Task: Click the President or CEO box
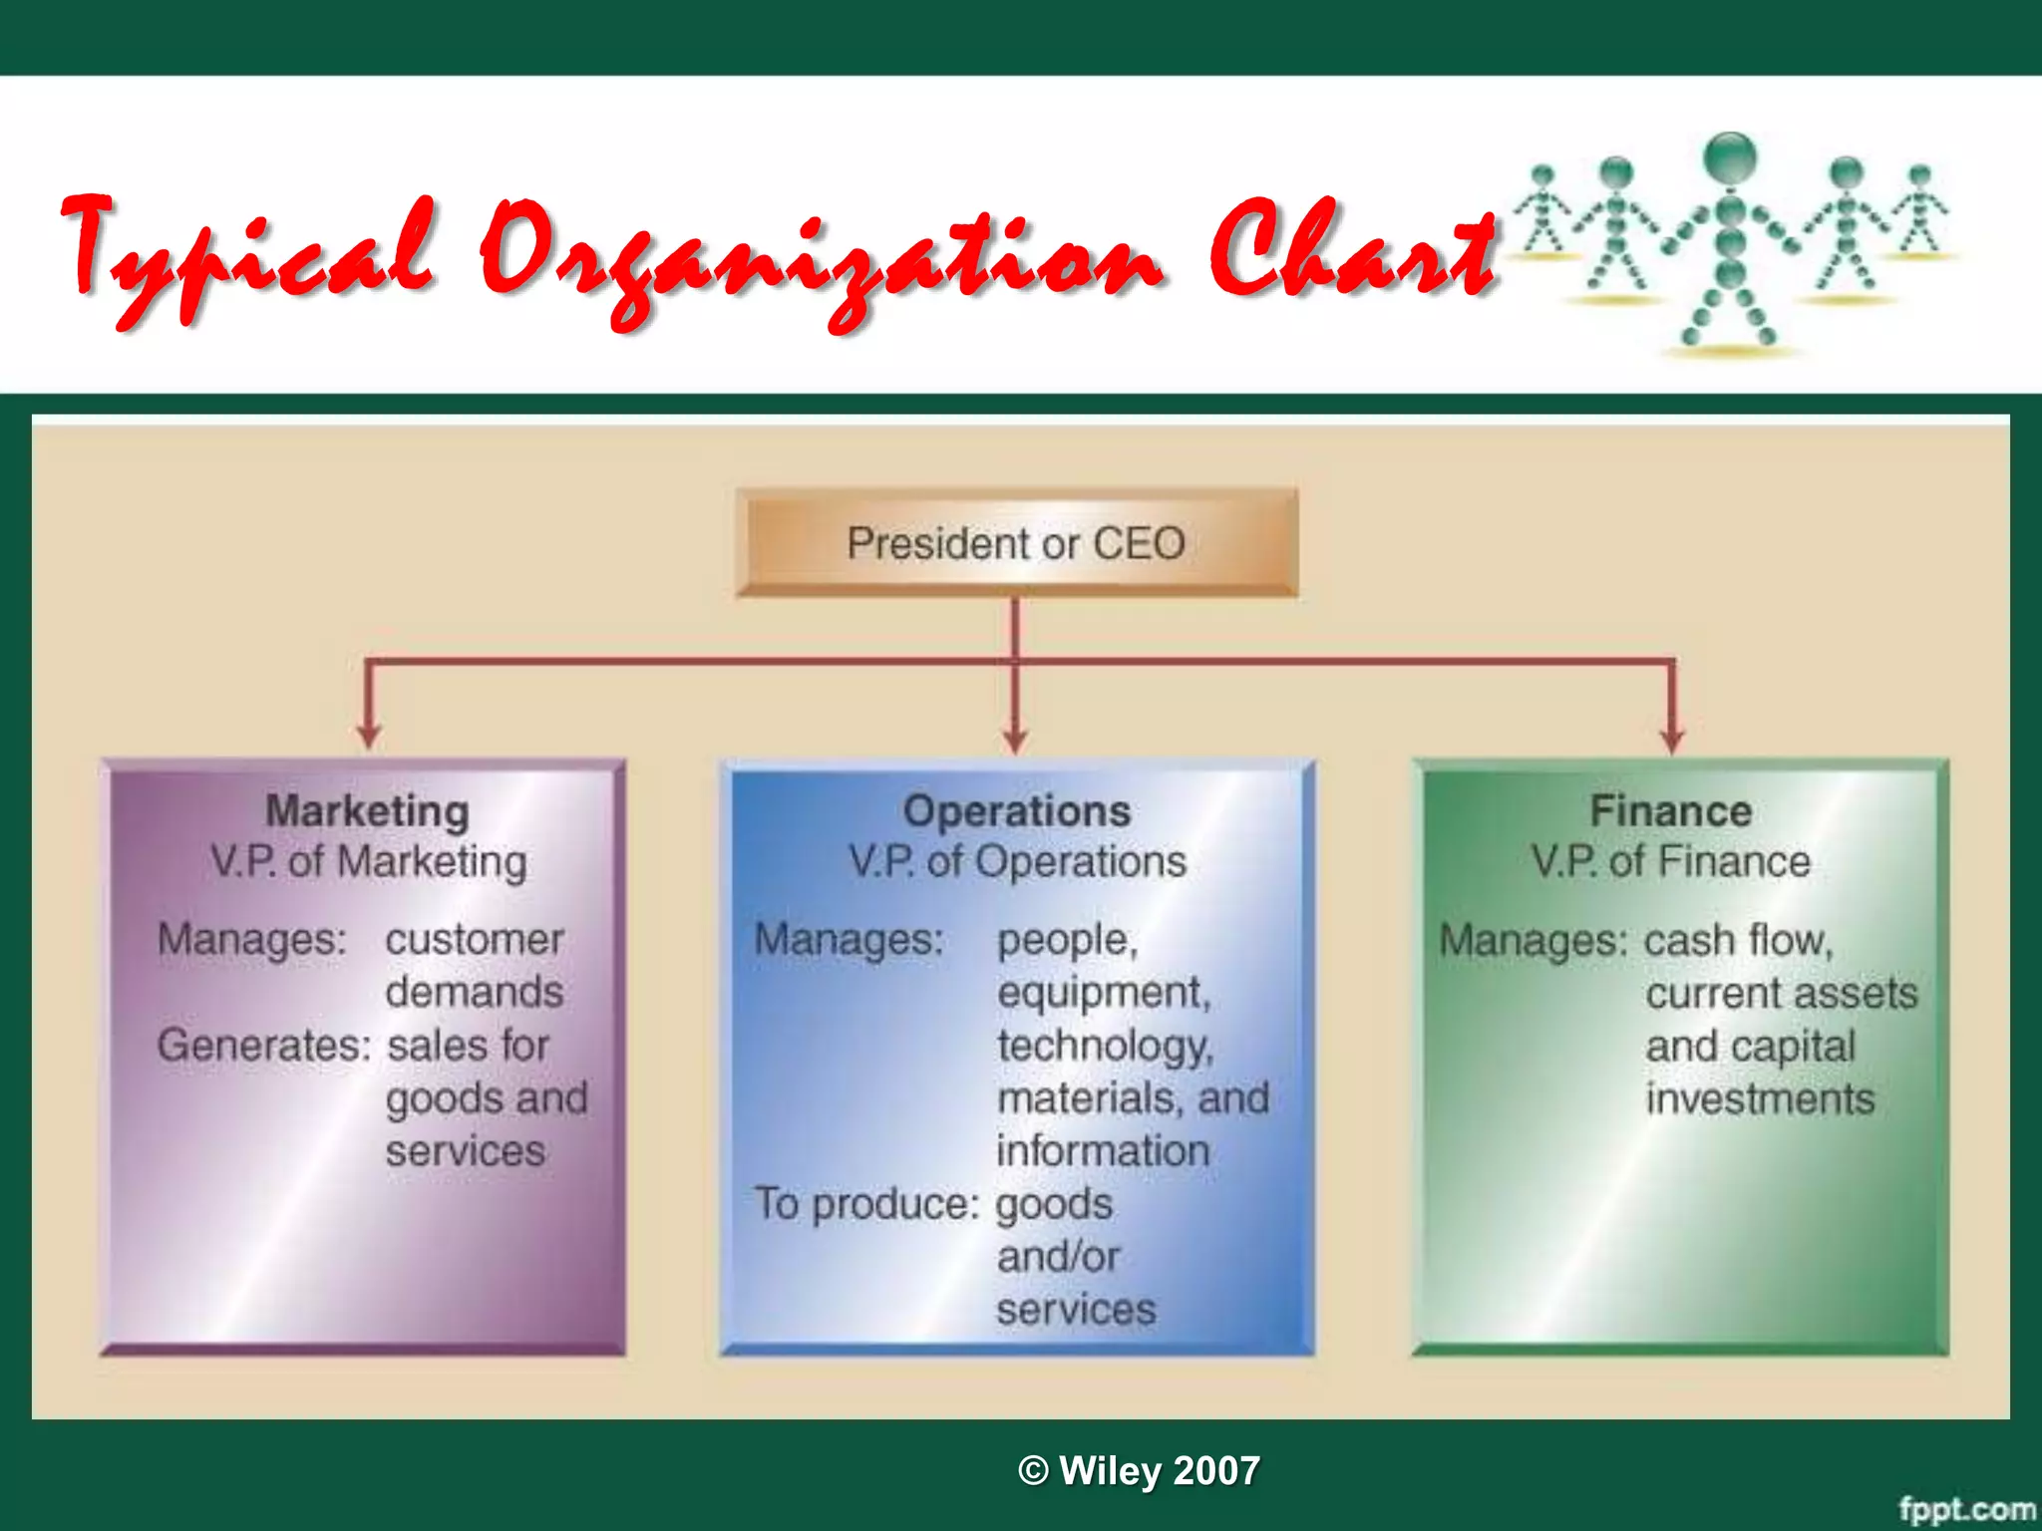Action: coord(1016,543)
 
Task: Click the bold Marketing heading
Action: coord(367,811)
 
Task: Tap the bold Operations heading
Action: coord(1016,811)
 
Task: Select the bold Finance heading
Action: coord(1670,811)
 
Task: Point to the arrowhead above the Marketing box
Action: coord(369,737)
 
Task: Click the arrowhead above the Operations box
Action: coord(1015,740)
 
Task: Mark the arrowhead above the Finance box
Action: coord(1672,740)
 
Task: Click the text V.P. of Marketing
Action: coord(368,862)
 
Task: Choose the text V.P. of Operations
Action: coord(1017,862)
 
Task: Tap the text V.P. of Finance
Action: coord(1670,862)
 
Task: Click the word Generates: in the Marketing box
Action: coord(263,1046)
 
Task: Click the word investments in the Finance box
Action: coord(1760,1099)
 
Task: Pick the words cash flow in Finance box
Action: coord(1738,940)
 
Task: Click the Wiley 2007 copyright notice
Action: coord(1139,1471)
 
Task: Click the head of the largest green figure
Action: coord(1730,155)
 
